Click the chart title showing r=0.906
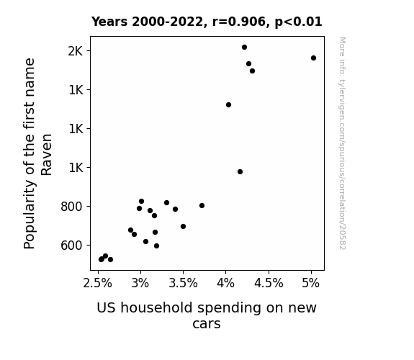pos(207,22)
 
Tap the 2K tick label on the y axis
pos(76,51)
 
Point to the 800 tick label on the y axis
pos(72,207)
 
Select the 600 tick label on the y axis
pos(72,246)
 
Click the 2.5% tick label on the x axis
pos(98,284)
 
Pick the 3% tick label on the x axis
pos(140,284)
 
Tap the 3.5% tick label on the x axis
pos(183,284)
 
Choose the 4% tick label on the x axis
pos(225,284)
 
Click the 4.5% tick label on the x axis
pos(269,284)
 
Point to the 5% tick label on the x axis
pos(311,284)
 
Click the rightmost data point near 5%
pos(313,58)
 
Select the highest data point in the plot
pos(245,48)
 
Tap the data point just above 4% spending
pos(229,105)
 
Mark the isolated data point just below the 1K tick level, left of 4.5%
pos(240,171)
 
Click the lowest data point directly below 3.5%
pos(183,226)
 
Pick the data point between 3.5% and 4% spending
pos(202,205)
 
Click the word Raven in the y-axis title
pos(47,155)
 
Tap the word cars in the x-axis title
pos(207,324)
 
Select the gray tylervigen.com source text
pos(343,143)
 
